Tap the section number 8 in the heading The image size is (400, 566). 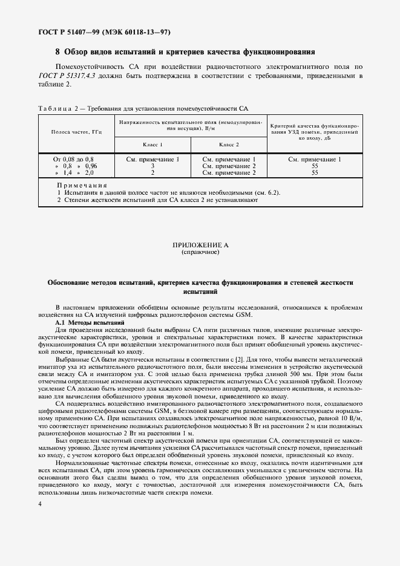tap(57, 52)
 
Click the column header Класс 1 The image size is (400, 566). tap(152, 145)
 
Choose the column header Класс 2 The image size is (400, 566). tap(229, 145)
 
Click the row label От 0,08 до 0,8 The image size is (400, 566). tap(74, 159)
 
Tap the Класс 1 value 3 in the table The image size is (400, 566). tap(152, 166)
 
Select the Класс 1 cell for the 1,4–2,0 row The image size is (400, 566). tap(152, 172)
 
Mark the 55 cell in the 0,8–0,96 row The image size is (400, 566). tap(315, 166)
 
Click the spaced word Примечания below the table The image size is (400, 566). tap(82, 186)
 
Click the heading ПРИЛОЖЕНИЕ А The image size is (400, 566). tap(200, 245)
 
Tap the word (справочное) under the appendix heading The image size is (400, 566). tap(200, 252)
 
